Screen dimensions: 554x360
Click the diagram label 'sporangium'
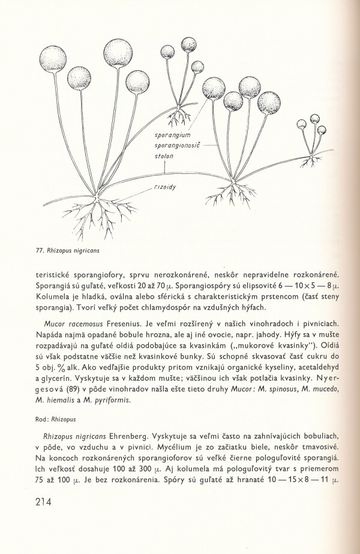click(173, 136)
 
